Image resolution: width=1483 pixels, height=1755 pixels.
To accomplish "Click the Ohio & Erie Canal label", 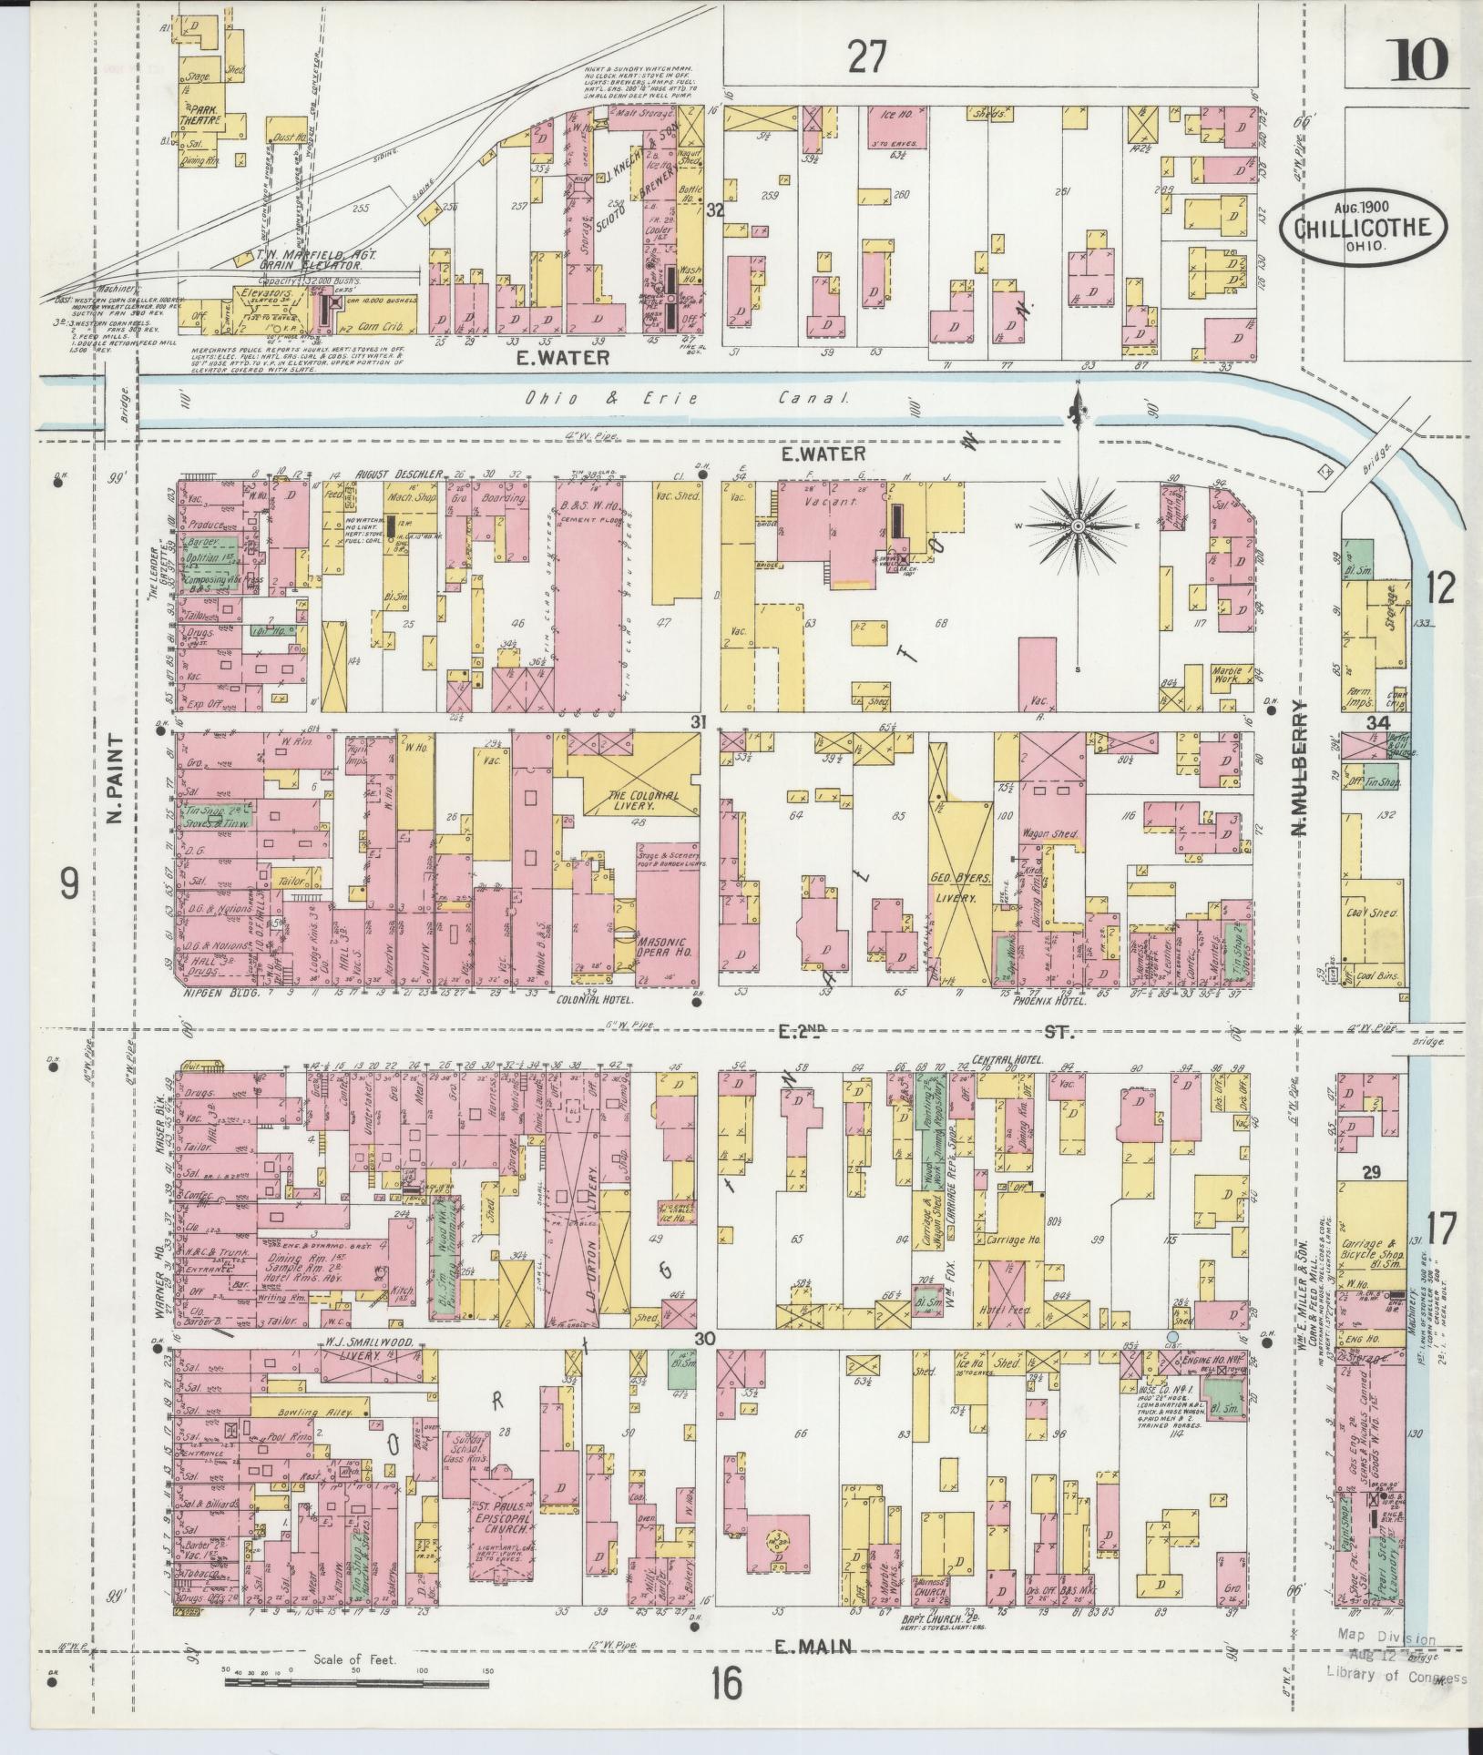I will tap(688, 398).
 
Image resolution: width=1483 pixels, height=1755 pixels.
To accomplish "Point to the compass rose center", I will tap(1078, 526).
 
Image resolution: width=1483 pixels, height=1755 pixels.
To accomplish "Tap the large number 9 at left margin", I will tap(69, 883).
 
